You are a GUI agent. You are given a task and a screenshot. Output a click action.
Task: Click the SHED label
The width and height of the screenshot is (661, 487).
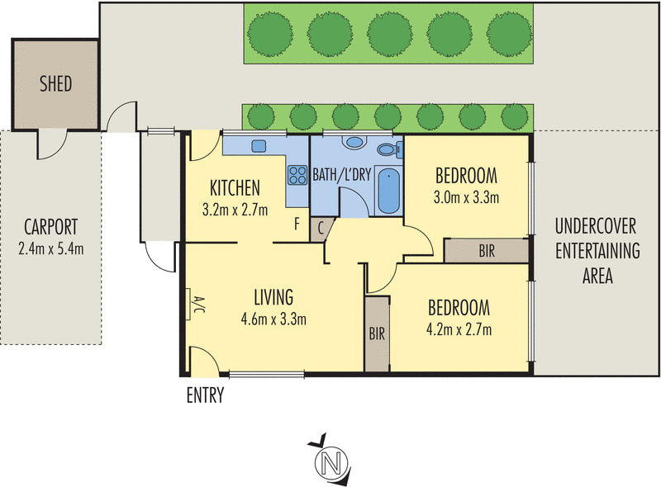click(x=55, y=84)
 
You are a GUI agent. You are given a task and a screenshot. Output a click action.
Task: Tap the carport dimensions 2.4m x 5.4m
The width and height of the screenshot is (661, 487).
click(x=51, y=249)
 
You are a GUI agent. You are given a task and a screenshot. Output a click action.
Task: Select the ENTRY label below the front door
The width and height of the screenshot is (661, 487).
click(x=205, y=395)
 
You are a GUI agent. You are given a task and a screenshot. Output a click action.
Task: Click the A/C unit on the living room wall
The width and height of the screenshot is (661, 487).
click(x=189, y=304)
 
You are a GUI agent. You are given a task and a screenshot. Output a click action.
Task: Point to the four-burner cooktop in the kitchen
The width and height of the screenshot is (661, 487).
click(x=297, y=175)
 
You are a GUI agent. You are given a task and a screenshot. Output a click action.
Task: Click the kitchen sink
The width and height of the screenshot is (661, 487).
click(x=259, y=146)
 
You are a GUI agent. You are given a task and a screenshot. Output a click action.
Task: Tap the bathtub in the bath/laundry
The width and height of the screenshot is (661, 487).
click(x=388, y=191)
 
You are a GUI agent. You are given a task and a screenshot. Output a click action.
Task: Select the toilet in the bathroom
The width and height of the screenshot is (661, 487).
click(x=390, y=149)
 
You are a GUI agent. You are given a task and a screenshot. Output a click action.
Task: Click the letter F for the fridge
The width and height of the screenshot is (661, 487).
click(x=297, y=225)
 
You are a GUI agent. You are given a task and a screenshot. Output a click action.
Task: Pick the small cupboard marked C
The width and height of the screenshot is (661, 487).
click(x=321, y=229)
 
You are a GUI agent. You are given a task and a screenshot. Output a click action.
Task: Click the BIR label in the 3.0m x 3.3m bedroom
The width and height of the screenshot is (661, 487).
click(x=487, y=251)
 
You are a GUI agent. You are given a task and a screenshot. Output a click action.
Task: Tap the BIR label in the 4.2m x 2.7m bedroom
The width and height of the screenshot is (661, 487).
click(x=377, y=333)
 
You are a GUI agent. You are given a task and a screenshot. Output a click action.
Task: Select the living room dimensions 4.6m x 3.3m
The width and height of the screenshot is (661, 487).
click(x=273, y=319)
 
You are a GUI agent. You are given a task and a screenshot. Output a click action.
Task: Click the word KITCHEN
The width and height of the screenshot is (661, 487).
click(x=235, y=188)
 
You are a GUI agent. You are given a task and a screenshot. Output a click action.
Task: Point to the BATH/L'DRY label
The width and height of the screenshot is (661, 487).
click(x=341, y=174)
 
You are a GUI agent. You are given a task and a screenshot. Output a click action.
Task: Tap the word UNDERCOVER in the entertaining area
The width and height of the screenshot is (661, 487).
click(x=595, y=226)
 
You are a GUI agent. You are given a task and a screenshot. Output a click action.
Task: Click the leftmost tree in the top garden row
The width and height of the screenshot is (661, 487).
click(x=270, y=34)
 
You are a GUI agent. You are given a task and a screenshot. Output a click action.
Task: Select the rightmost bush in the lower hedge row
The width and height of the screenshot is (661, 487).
click(x=515, y=116)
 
